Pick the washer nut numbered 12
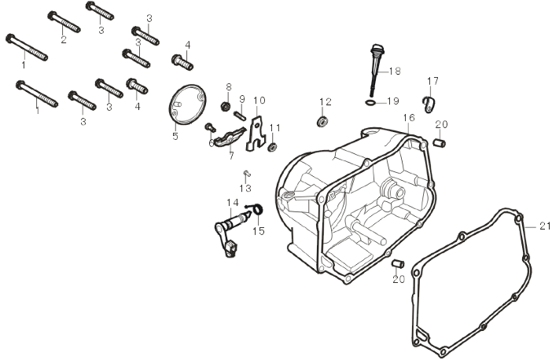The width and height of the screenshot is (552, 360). click(x=322, y=122)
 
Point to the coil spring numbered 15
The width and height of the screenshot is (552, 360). click(x=255, y=208)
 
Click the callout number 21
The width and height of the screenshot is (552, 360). click(x=545, y=226)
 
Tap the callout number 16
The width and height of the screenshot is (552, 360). click(x=409, y=118)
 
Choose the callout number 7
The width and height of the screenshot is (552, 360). click(x=231, y=156)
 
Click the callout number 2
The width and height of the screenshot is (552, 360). click(x=63, y=39)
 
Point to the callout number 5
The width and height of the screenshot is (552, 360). click(x=175, y=136)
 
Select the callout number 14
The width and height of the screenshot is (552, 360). click(x=233, y=202)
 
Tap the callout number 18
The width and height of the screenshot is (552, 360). click(x=395, y=71)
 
